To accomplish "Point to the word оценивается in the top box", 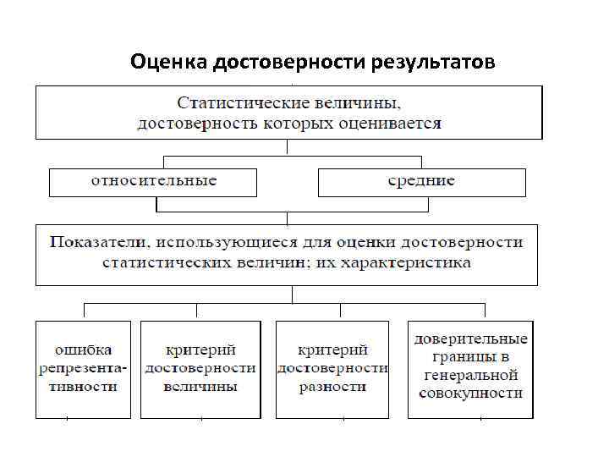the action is (394, 123).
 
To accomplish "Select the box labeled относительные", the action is (153, 182).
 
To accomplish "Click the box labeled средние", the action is (421, 182).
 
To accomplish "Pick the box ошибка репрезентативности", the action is (83, 369).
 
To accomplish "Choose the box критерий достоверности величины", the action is (200, 369).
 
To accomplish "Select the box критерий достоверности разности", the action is (332, 369).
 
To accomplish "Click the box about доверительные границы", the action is (470, 369).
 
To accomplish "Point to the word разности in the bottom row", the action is (332, 387).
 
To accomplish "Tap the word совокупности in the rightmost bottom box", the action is (470, 394).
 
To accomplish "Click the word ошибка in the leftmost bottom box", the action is (83, 350).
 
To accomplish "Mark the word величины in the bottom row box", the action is (200, 387).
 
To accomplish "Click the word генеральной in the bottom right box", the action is (470, 375).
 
